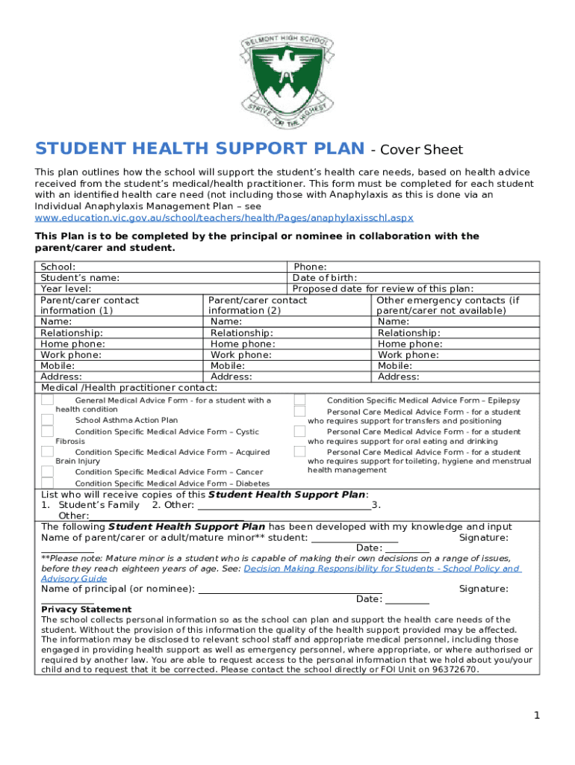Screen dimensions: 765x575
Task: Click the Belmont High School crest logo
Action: click(x=287, y=71)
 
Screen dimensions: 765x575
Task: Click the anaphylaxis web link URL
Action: click(x=224, y=217)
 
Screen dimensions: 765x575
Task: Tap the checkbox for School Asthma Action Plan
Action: click(x=47, y=420)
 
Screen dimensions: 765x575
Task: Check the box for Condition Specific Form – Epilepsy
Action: click(x=299, y=400)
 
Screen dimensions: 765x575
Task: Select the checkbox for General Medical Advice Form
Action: click(x=47, y=400)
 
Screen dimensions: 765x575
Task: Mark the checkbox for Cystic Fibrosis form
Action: click(x=47, y=432)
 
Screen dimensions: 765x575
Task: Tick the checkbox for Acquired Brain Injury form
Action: click(x=47, y=452)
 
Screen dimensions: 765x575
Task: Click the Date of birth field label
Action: click(x=324, y=277)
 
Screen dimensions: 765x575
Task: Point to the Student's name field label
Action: click(x=80, y=277)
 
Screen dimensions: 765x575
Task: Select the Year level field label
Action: click(x=66, y=288)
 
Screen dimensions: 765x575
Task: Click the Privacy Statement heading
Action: click(x=86, y=610)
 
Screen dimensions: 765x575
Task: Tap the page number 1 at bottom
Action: click(x=536, y=716)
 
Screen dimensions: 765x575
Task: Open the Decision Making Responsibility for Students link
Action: click(x=381, y=569)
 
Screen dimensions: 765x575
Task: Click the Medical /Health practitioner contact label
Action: click(x=129, y=388)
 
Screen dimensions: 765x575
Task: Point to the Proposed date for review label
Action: click(x=383, y=288)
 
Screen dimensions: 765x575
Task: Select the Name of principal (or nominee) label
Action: click(x=118, y=589)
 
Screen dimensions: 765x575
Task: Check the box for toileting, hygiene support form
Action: click(x=299, y=451)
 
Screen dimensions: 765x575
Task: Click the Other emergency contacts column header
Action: click(x=448, y=305)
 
